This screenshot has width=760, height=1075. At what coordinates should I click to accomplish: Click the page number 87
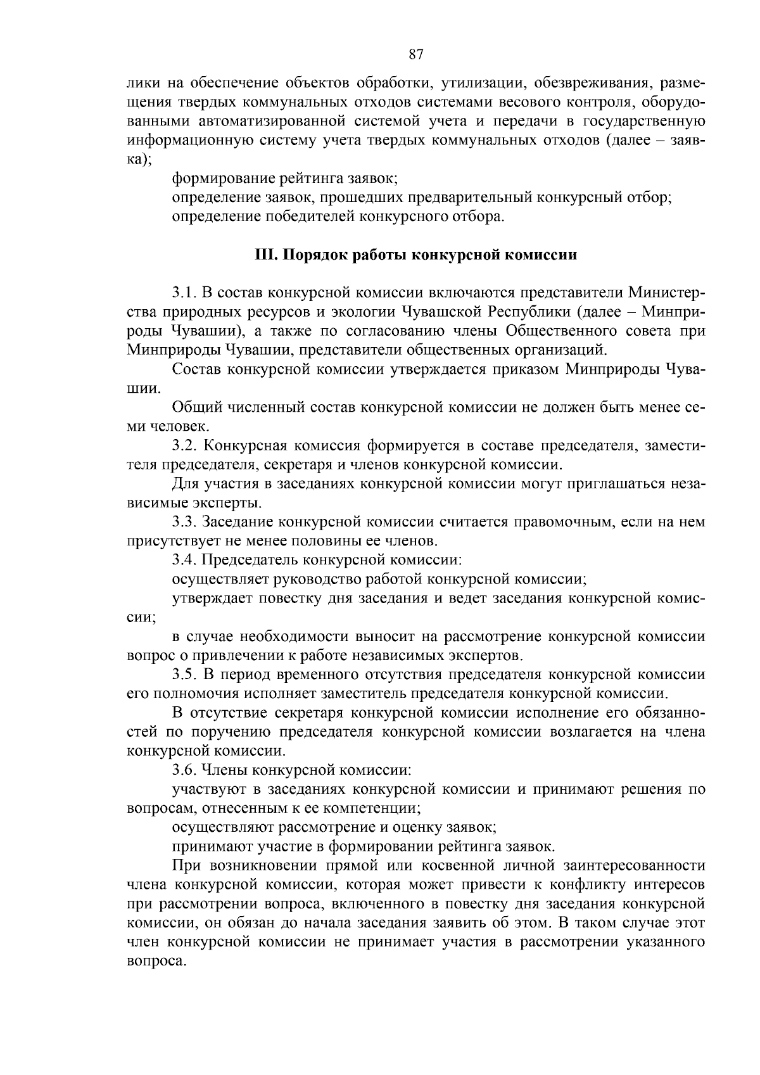tap(416, 54)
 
